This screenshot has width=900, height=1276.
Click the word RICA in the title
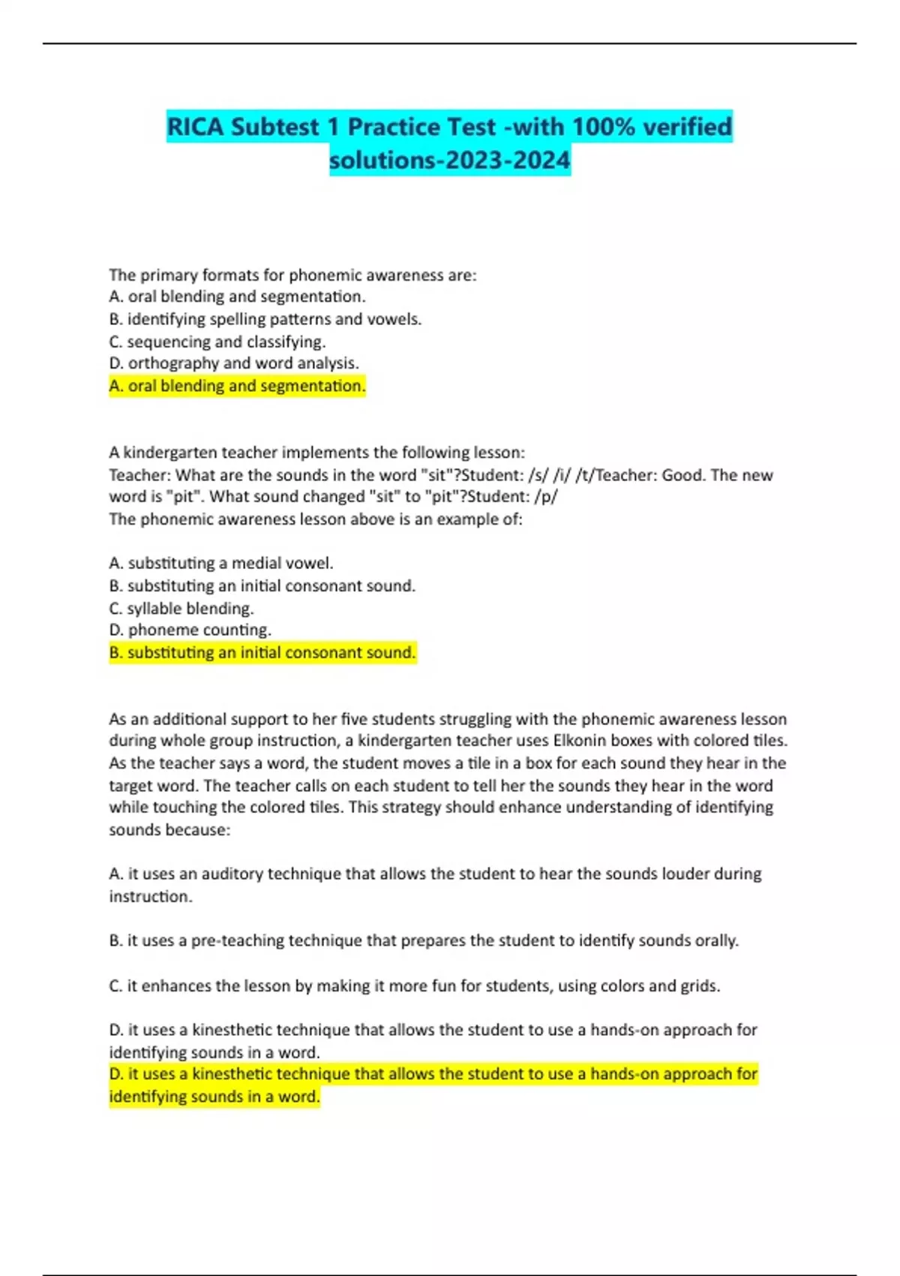(x=195, y=127)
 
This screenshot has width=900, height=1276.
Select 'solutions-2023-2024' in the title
(x=449, y=160)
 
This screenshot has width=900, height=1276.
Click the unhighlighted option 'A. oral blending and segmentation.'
(x=237, y=296)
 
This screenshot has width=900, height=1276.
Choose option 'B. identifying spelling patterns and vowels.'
(x=265, y=319)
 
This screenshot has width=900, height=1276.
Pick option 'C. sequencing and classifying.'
(x=217, y=342)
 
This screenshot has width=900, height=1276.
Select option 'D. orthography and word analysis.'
(x=233, y=363)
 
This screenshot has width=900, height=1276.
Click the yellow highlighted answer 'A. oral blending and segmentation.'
(x=237, y=386)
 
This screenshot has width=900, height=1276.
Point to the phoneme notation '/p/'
(x=548, y=497)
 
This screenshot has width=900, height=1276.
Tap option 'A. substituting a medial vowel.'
(x=220, y=563)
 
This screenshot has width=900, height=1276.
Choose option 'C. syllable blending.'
(x=181, y=608)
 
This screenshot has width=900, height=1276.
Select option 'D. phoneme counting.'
(x=190, y=630)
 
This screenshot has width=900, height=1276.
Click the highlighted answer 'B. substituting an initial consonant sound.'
(x=262, y=652)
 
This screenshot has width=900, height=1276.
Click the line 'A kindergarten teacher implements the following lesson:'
(x=316, y=453)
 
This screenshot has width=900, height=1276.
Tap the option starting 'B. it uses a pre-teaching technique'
(x=423, y=940)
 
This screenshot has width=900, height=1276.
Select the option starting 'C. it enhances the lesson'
(x=414, y=986)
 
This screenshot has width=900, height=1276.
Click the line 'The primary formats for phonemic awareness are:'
(x=292, y=275)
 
